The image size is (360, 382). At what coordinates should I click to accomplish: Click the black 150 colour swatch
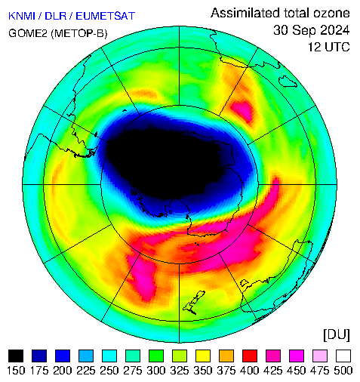pyautogui.click(x=16, y=356)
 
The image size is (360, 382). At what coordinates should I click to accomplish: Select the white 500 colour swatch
pyautogui.click(x=343, y=356)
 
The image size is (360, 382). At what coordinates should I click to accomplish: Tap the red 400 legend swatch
pyautogui.click(x=250, y=356)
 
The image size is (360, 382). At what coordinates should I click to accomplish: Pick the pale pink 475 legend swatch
pyautogui.click(x=320, y=356)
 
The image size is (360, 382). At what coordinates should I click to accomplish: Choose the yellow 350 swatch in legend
pyautogui.click(x=203, y=356)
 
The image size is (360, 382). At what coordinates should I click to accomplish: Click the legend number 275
pyautogui.click(x=133, y=371)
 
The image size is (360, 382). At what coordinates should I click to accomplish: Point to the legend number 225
pyautogui.click(x=86, y=371)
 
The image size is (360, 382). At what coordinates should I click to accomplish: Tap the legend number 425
pyautogui.click(x=273, y=371)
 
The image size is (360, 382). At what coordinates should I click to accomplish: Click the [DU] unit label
pyautogui.click(x=337, y=335)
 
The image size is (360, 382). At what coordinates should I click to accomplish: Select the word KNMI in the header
pyautogui.click(x=22, y=16)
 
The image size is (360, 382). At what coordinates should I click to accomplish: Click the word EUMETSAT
pyautogui.click(x=106, y=16)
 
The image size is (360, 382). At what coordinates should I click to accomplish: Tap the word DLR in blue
pyautogui.click(x=55, y=16)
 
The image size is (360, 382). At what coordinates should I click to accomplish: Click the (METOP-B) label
pyautogui.click(x=79, y=33)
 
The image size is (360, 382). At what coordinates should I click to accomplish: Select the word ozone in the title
pyautogui.click(x=331, y=14)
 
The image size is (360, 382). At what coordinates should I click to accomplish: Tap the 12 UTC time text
pyautogui.click(x=329, y=47)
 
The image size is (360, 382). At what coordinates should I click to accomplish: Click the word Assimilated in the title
pyautogui.click(x=245, y=13)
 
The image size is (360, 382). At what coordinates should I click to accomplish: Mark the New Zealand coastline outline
pyautogui.click(x=194, y=303)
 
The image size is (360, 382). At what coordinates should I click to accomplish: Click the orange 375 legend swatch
pyautogui.click(x=226, y=356)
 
